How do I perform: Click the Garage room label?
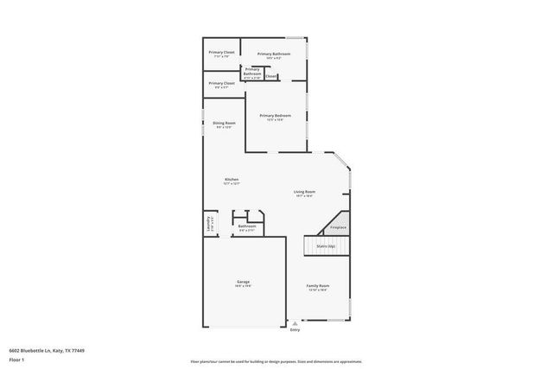243,282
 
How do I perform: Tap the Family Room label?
318,285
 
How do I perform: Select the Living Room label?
303,191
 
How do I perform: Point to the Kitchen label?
232,179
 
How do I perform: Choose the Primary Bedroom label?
275,115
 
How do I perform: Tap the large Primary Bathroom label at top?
273,54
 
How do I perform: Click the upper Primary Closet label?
221,52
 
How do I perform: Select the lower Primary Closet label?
221,83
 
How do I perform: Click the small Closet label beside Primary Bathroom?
270,76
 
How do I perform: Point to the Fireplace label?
338,227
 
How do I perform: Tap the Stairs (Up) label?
325,246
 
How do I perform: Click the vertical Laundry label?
208,224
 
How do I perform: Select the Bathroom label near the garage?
247,226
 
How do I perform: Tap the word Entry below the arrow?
295,330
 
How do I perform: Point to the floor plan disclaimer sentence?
276,361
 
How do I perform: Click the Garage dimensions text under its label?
243,286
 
